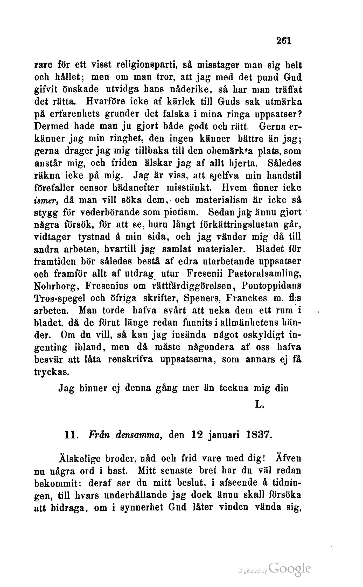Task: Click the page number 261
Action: point(284,41)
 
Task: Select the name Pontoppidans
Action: point(271,286)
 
